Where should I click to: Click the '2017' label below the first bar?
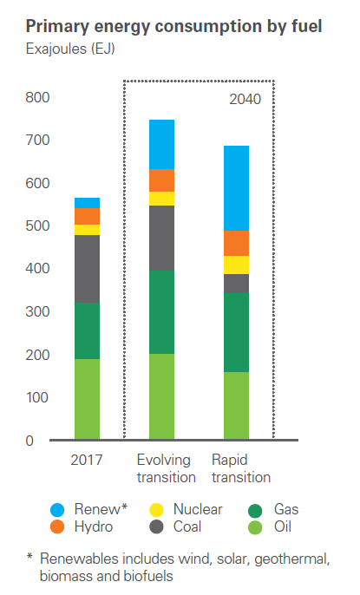point(87,460)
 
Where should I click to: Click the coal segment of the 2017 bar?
point(87,269)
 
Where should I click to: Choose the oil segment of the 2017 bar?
point(87,399)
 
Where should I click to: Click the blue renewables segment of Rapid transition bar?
point(237,187)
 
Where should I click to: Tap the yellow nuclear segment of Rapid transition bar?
point(237,265)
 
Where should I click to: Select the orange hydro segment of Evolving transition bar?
point(161,180)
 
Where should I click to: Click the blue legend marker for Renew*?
point(57,510)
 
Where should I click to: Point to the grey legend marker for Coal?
point(156,526)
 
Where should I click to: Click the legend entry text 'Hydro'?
point(92,526)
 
